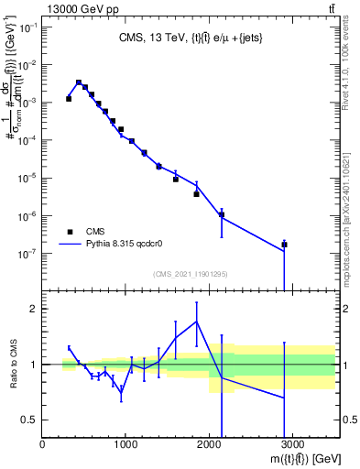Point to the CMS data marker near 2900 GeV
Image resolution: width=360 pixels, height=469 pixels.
pos(285,245)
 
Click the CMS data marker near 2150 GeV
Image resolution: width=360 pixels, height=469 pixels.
pos(222,214)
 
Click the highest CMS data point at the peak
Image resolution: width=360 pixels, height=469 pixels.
pos(79,82)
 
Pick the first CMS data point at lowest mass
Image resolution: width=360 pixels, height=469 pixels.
pos(69,98)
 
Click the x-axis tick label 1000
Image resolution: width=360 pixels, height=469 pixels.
pos(126,444)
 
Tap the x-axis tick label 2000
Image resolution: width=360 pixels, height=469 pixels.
pos(209,444)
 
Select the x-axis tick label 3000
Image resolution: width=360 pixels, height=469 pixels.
pos(292,444)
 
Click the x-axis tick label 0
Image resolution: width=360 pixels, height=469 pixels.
pos(43,444)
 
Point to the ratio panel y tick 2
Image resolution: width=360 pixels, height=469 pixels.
pos(32,309)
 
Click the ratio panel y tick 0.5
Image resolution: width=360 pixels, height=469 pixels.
pos(28,420)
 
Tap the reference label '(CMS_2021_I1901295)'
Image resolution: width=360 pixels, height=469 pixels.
pos(190,274)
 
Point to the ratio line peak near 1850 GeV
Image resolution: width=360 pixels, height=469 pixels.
pos(197,321)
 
